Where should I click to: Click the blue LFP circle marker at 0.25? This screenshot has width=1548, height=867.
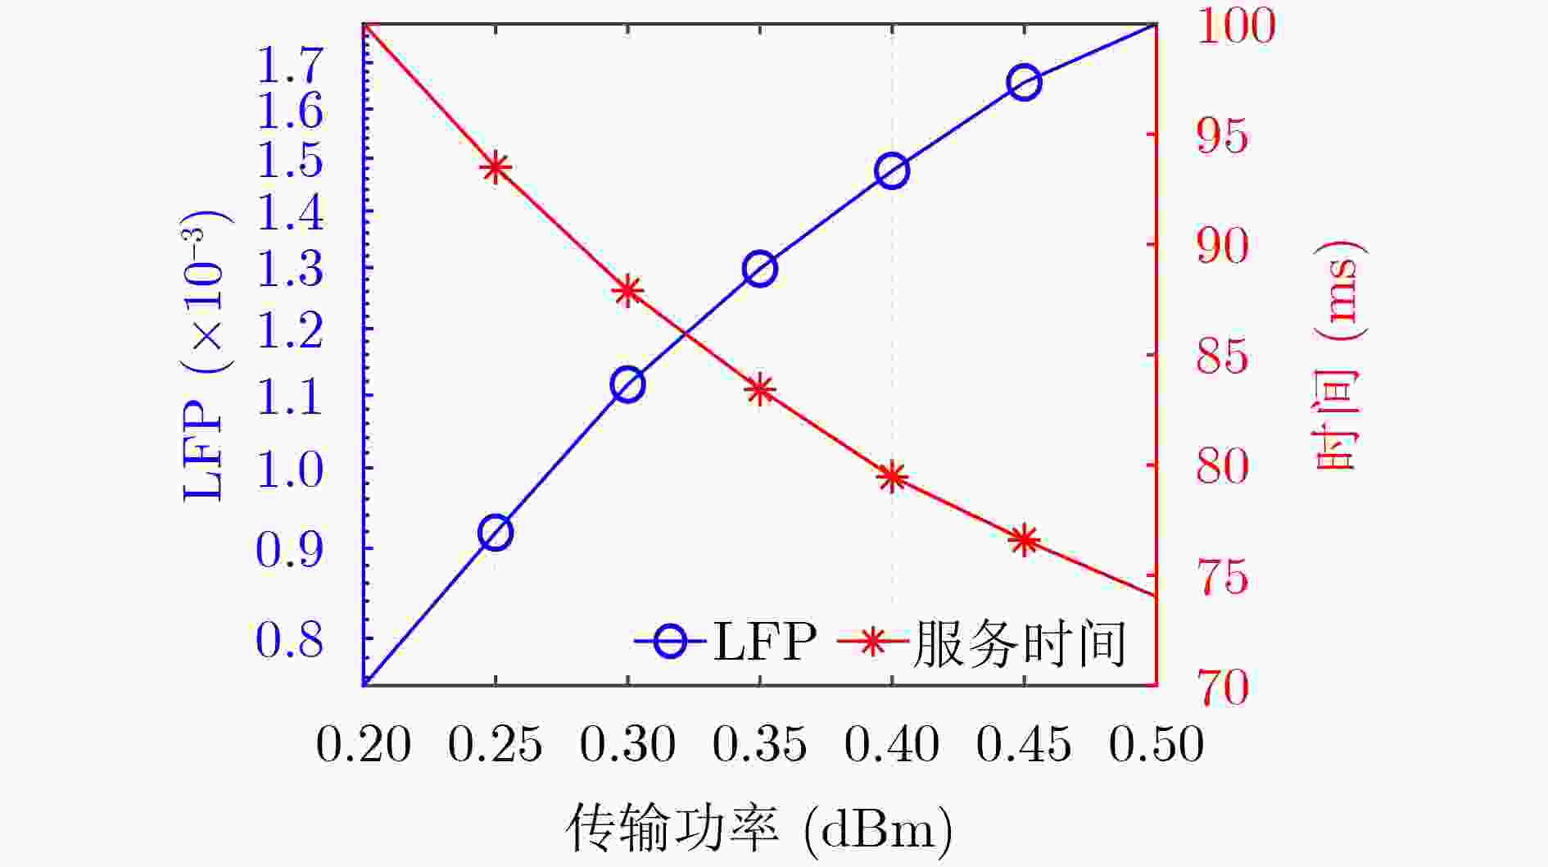pyautogui.click(x=495, y=533)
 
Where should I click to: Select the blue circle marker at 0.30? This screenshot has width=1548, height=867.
pyautogui.click(x=627, y=385)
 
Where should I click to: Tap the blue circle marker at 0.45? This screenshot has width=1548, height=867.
pyautogui.click(x=1024, y=82)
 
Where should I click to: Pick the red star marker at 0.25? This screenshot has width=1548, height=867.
pyautogui.click(x=495, y=168)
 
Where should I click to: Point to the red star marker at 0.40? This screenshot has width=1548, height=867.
pyautogui.click(x=892, y=477)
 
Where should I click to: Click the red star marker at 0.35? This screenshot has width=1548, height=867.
pyautogui.click(x=760, y=390)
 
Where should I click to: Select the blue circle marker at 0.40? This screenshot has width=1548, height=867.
pyautogui.click(x=892, y=171)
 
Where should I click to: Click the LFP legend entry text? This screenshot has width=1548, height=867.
pyautogui.click(x=765, y=642)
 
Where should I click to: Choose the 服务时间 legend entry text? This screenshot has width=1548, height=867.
pyautogui.click(x=1019, y=643)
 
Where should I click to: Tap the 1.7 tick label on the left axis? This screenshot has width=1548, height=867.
pyautogui.click(x=290, y=66)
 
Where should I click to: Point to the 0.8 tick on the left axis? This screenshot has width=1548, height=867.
pyautogui.click(x=290, y=640)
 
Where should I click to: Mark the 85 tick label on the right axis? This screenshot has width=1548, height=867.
pyautogui.click(x=1222, y=356)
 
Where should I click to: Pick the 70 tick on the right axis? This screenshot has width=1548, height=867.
pyautogui.click(x=1222, y=687)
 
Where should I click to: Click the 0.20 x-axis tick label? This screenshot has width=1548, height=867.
pyautogui.click(x=364, y=745)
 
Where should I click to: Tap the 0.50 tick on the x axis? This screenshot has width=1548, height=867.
pyautogui.click(x=1156, y=745)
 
